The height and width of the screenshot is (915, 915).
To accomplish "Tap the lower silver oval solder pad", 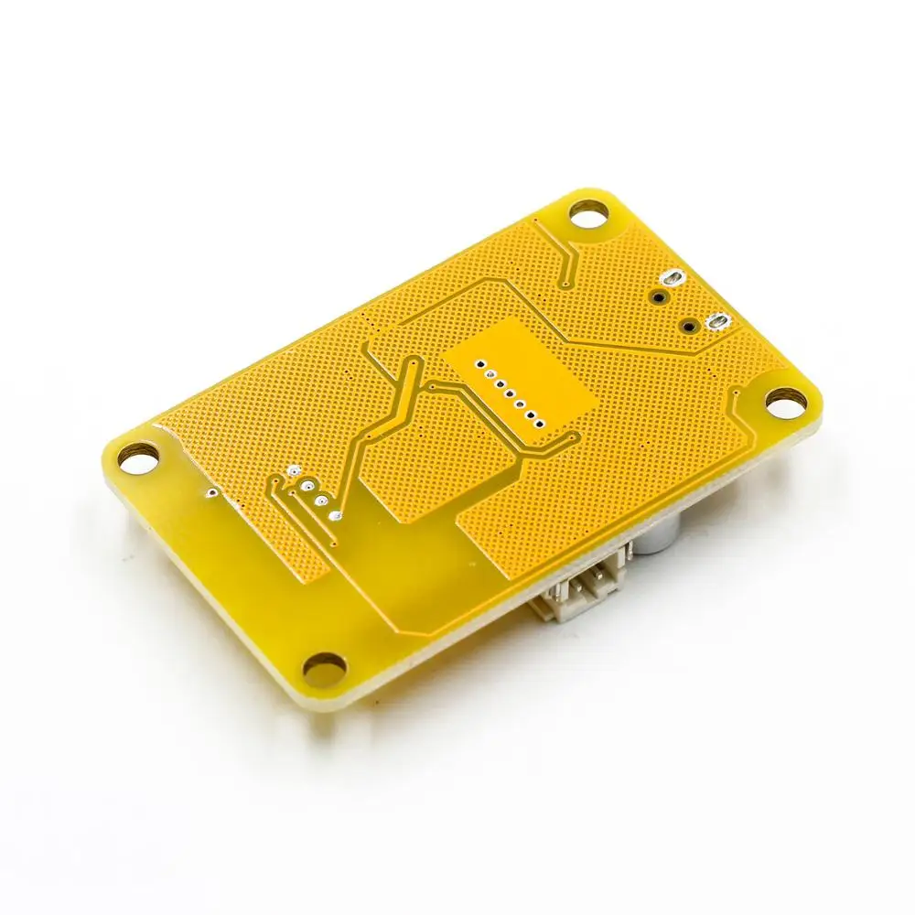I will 716,321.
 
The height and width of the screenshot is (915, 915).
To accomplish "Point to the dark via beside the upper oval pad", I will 658,296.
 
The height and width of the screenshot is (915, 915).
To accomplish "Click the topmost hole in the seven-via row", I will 476,363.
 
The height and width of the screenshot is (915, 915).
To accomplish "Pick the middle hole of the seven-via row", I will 507,393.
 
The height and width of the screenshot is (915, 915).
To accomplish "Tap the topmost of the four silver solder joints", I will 293,470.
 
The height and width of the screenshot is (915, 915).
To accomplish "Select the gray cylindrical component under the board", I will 656,540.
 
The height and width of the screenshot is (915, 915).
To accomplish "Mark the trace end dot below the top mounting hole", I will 569,280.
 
